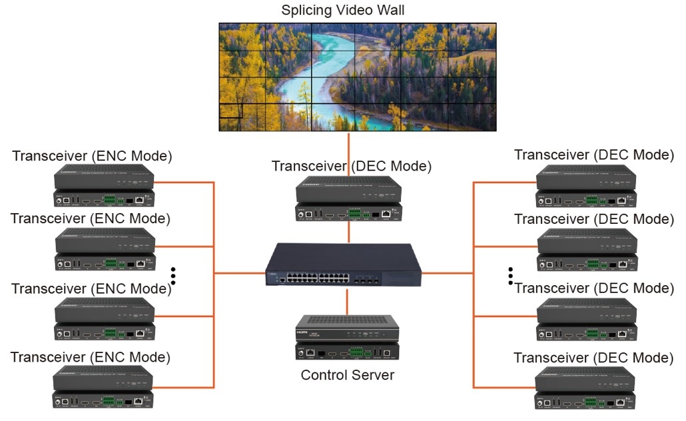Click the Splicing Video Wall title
click(342, 10)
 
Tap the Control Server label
click(347, 375)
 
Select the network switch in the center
click(344, 264)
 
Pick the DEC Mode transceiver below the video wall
click(348, 198)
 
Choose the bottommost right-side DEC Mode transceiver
click(587, 387)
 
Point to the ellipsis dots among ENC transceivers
click(173, 276)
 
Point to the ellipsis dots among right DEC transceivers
click(511, 276)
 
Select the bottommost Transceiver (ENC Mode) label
click(91, 357)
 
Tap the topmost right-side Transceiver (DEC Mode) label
click(594, 155)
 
